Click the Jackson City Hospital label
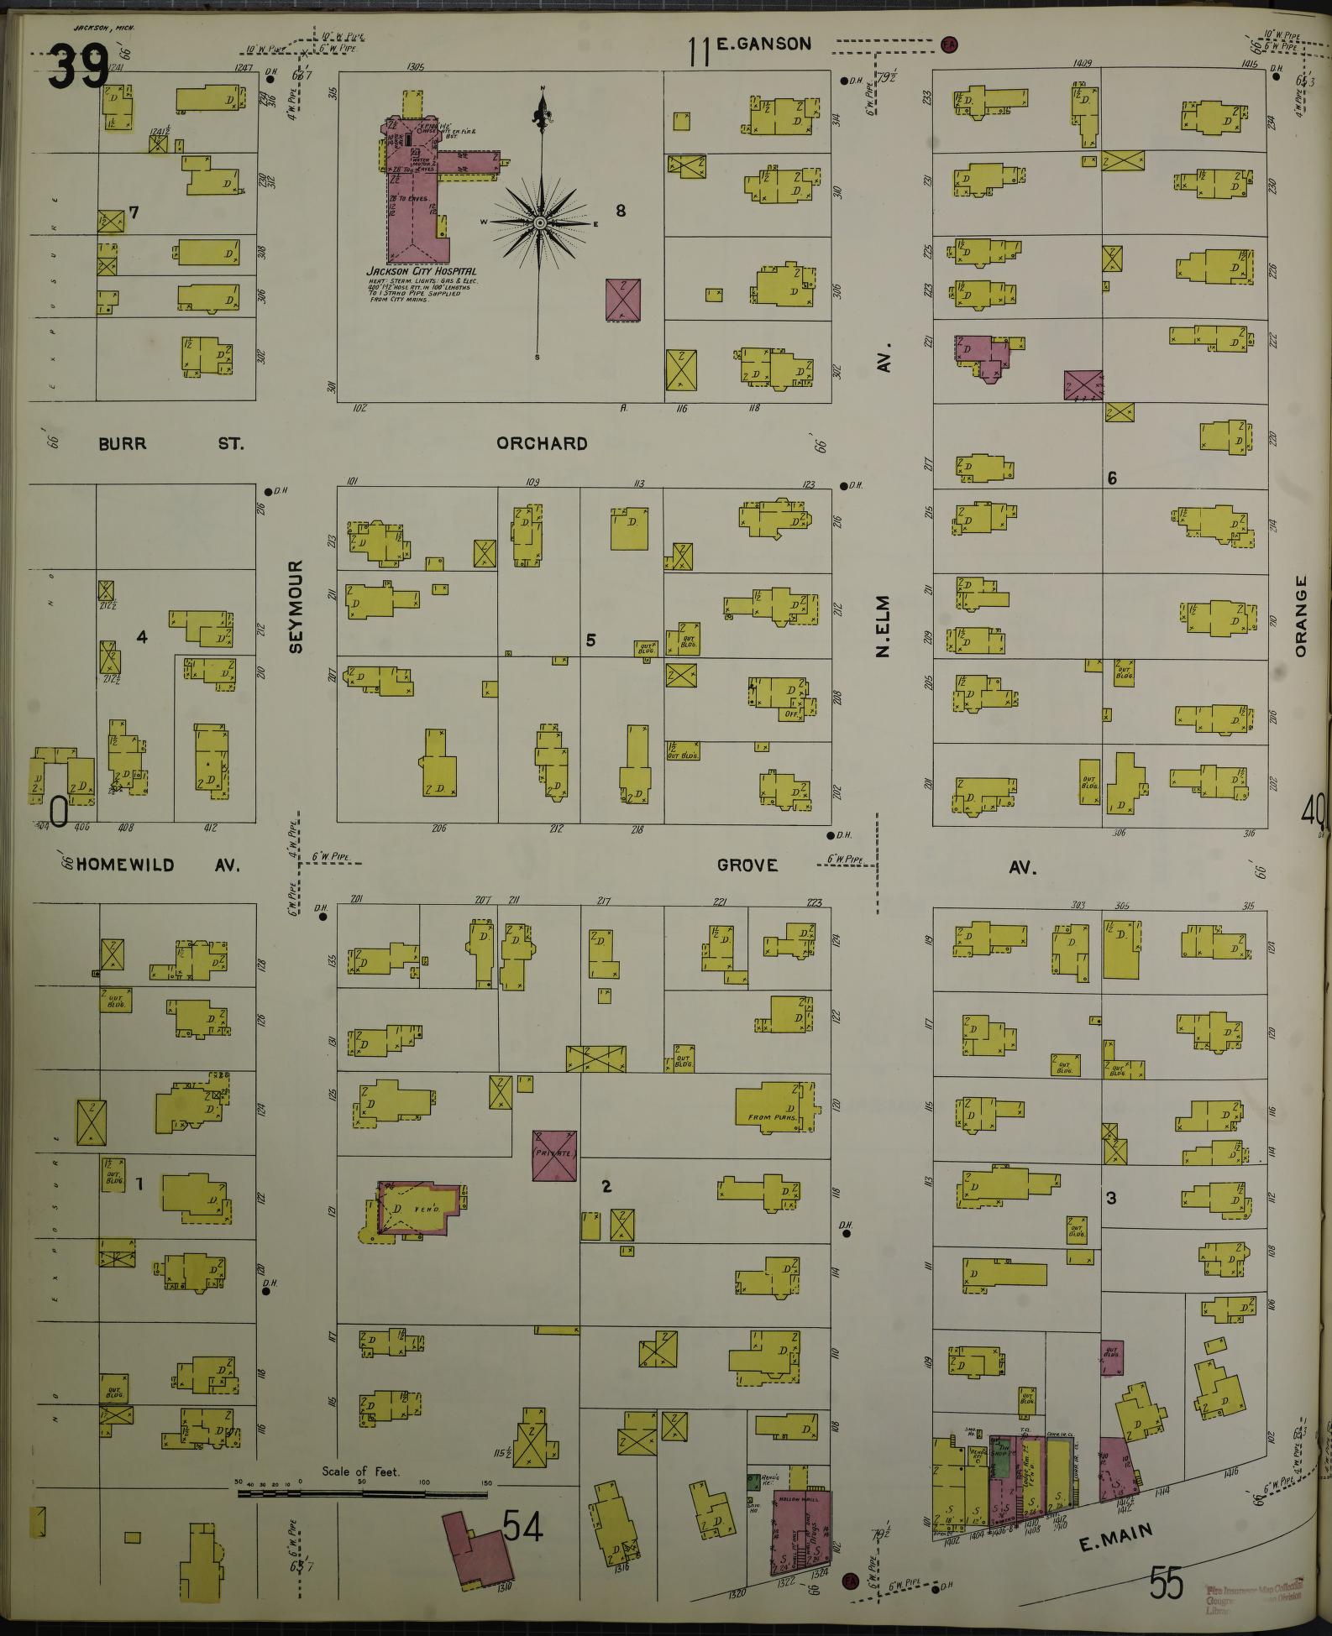click(422, 272)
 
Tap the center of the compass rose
click(540, 223)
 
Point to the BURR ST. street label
click(170, 443)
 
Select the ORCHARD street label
click(542, 443)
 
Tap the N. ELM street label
click(883, 625)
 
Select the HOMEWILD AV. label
click(158, 865)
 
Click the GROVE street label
click(747, 865)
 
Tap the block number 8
click(621, 211)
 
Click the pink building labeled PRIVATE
click(554, 1155)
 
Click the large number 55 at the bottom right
click(1167, 1583)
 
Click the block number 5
click(590, 640)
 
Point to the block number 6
click(1112, 478)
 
